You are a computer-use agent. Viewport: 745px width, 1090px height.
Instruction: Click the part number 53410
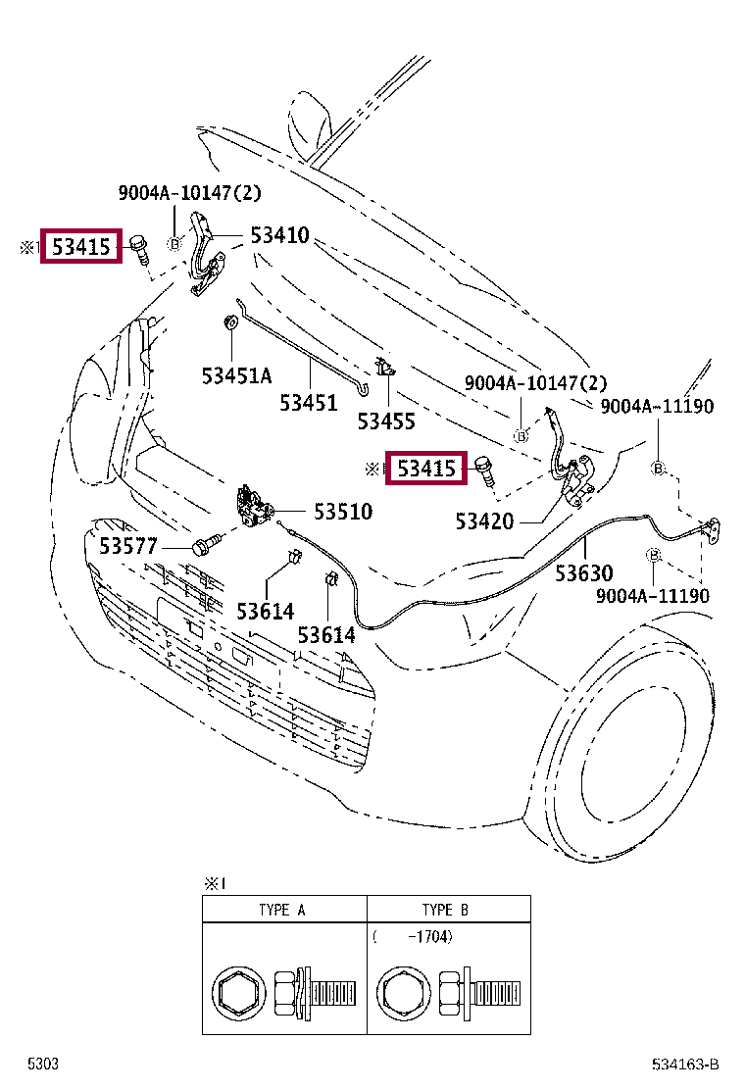[279, 236]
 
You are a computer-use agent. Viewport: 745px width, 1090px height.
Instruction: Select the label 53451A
[237, 374]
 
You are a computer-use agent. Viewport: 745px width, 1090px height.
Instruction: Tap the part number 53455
[386, 421]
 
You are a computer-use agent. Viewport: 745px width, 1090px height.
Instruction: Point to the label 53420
[484, 521]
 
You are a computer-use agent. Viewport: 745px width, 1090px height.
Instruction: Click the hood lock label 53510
[343, 512]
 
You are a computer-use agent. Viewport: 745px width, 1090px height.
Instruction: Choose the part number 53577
[127, 546]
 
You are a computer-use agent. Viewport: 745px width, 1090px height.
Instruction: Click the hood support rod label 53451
[308, 403]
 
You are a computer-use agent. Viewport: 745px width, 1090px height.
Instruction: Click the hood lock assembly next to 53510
[254, 508]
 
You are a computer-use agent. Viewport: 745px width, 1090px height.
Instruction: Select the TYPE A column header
[282, 910]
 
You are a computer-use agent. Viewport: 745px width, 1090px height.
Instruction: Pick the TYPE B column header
[445, 910]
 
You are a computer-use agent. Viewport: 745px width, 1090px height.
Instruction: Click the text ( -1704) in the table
[412, 937]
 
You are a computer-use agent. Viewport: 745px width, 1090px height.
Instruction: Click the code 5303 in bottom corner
[42, 1065]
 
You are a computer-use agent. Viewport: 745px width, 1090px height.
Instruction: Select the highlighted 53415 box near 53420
[426, 470]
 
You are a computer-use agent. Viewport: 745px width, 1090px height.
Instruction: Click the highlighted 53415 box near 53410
[81, 248]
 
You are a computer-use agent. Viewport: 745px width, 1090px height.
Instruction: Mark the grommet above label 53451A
[230, 322]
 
